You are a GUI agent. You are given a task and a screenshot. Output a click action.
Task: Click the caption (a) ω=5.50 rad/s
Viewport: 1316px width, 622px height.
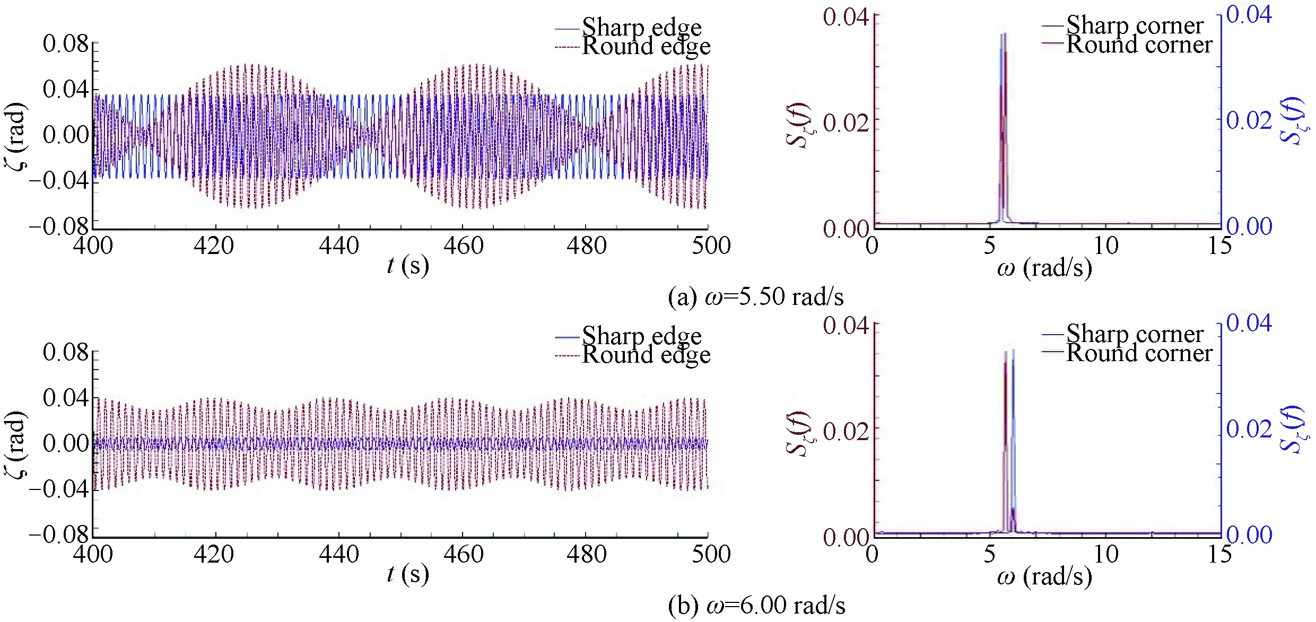756,297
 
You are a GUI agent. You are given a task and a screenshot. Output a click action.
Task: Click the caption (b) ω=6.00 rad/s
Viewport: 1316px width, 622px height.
757,606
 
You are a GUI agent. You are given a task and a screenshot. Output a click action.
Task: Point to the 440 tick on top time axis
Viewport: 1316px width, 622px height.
339,246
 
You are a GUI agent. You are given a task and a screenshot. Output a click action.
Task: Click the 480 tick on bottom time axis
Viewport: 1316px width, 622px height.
586,555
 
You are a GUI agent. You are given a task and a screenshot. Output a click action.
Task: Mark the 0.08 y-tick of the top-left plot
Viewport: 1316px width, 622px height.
66,43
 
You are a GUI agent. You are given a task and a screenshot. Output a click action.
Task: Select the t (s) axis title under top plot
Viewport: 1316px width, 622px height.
407,265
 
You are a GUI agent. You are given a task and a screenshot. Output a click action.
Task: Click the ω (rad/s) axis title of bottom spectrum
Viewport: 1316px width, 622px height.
1044,576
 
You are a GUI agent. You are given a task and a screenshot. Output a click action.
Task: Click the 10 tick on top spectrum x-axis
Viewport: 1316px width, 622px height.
1106,246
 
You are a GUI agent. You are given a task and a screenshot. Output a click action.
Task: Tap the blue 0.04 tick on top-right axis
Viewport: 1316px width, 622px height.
1249,15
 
